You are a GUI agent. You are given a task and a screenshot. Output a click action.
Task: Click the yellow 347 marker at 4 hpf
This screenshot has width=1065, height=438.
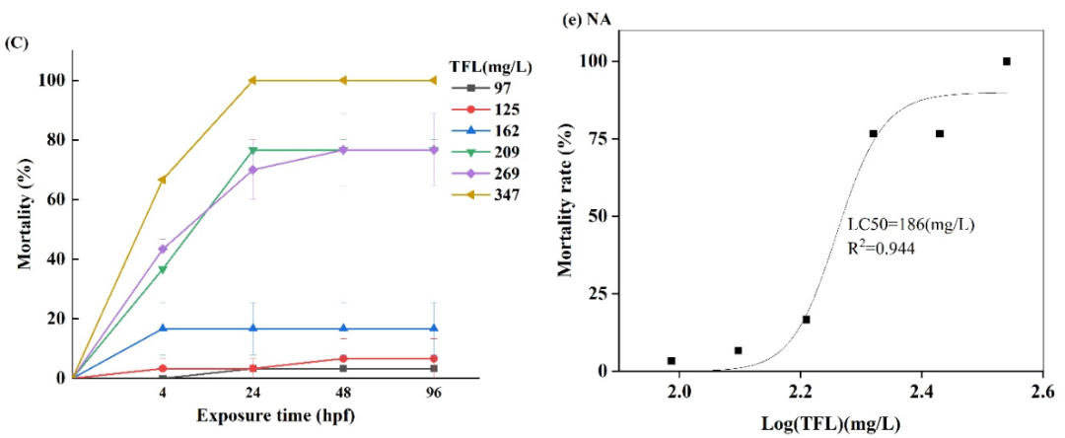pyautogui.click(x=161, y=180)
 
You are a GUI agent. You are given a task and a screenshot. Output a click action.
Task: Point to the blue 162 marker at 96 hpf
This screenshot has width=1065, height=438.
pyautogui.click(x=434, y=328)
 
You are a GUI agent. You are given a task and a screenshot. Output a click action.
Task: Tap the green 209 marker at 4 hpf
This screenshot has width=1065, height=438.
pyautogui.click(x=161, y=269)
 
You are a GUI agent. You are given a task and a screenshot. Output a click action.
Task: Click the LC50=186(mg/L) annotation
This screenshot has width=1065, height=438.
pyautogui.click(x=911, y=226)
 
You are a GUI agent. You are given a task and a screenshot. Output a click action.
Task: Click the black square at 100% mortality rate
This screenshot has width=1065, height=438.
pyautogui.click(x=1007, y=61)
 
